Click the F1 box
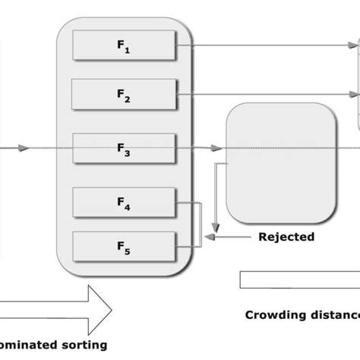125,46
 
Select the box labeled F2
125,94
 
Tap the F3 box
125,148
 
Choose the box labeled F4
125,201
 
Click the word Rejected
286,237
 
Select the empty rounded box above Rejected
280,162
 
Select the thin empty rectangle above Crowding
299,279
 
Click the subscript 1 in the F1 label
128,52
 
